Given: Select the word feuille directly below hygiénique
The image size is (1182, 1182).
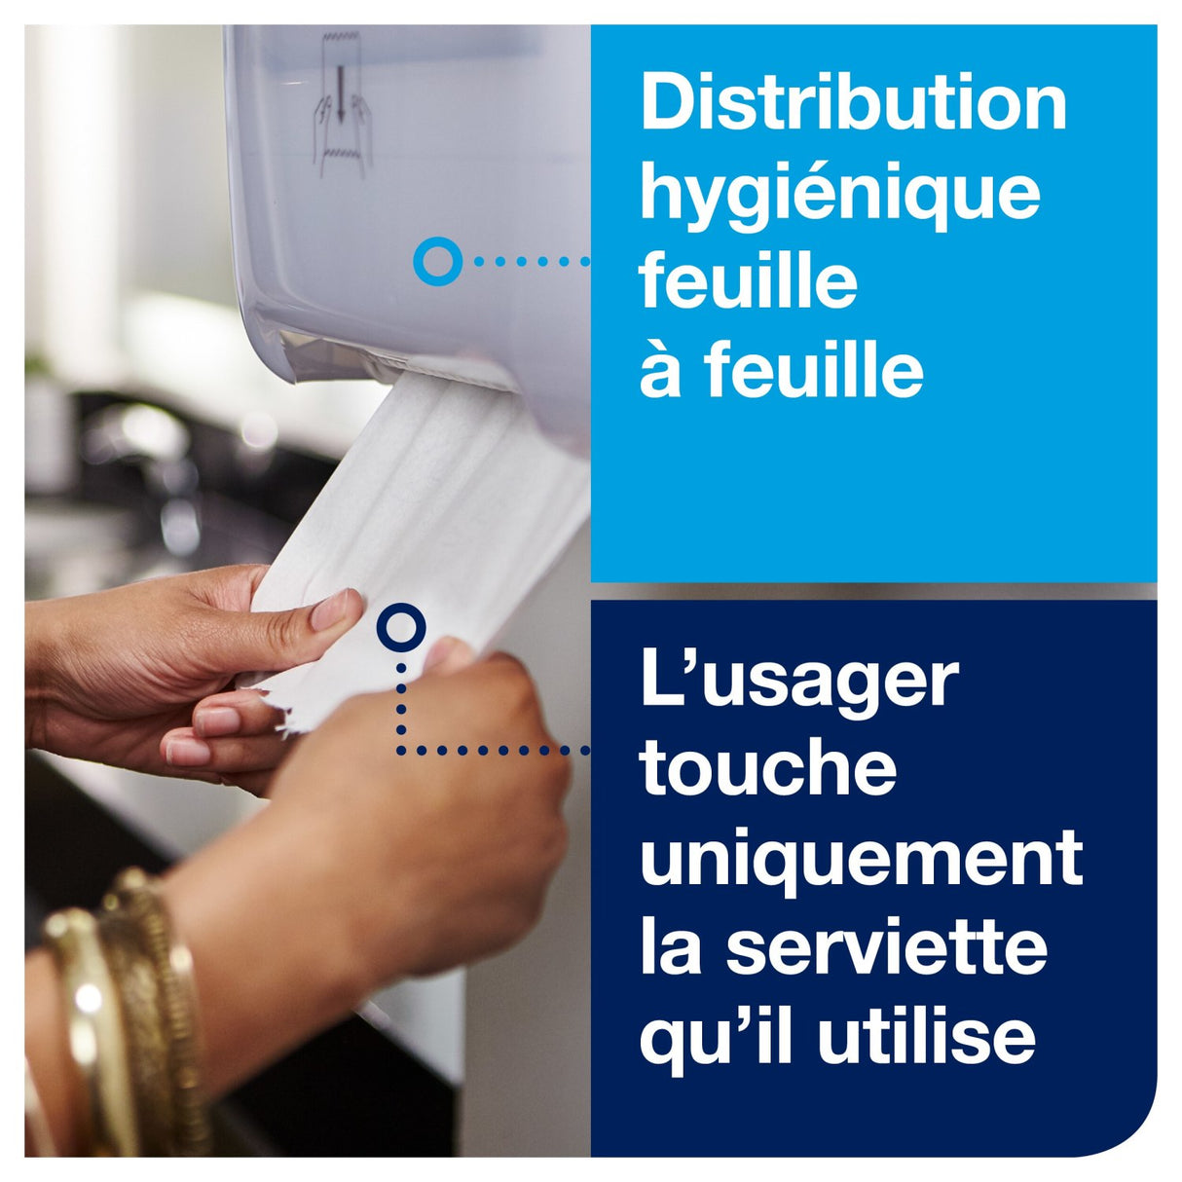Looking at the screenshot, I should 748,282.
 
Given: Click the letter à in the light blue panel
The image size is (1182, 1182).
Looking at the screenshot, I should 660,371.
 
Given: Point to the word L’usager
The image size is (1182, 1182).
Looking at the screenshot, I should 799,682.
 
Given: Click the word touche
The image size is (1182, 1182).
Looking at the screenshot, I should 767,767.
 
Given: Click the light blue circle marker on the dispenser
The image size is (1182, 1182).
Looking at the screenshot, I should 437,261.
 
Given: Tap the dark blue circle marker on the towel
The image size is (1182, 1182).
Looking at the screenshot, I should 400,628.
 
